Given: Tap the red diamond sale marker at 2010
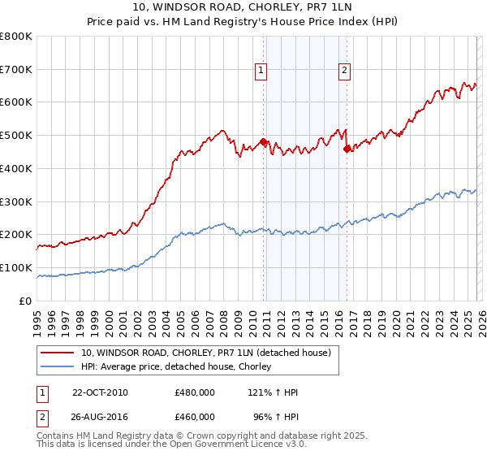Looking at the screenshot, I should click(264, 142).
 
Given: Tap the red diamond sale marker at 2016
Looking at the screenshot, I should click(347, 149).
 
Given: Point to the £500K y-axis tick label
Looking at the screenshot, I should click(16, 136).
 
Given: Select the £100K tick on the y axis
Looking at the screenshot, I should click(16, 267).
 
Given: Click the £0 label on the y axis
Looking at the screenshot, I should click(26, 301).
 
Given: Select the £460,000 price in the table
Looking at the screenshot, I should click(194, 416).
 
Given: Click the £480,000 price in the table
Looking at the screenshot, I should click(194, 392).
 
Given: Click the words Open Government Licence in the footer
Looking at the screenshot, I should click(235, 446).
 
